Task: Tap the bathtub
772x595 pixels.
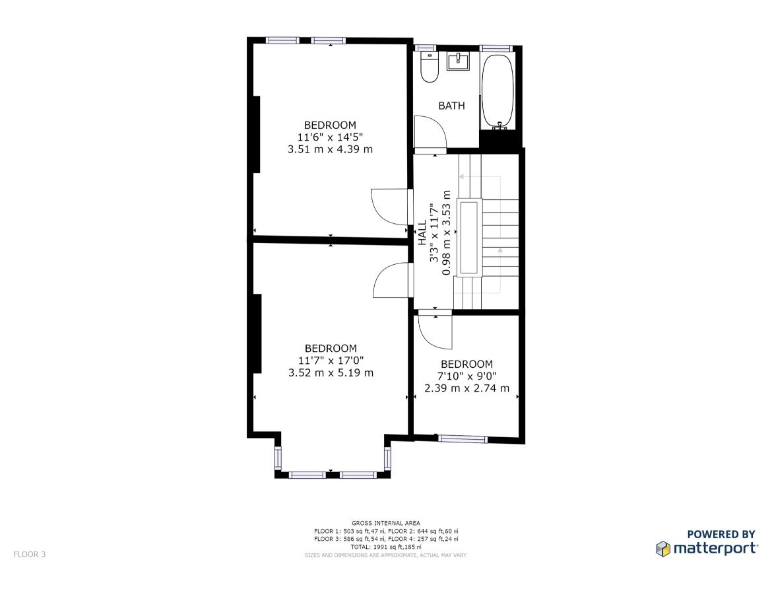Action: (498, 92)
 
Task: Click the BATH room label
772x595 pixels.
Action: (451, 106)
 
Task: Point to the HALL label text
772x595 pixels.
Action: (422, 232)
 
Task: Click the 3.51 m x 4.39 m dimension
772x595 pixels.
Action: (331, 149)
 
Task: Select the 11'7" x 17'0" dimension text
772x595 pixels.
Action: (331, 361)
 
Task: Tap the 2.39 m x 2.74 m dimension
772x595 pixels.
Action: (466, 388)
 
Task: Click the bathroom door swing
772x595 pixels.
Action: (430, 131)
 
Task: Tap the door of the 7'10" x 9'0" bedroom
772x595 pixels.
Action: (435, 332)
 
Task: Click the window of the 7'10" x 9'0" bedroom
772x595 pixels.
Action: (463, 438)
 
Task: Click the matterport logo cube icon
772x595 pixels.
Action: (663, 549)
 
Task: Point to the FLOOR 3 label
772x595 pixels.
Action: (30, 554)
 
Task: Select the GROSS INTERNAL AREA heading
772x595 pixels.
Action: (386, 523)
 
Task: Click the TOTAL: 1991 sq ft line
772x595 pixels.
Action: (386, 547)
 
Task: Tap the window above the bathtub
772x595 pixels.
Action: (496, 48)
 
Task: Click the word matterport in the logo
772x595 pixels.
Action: (715, 549)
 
